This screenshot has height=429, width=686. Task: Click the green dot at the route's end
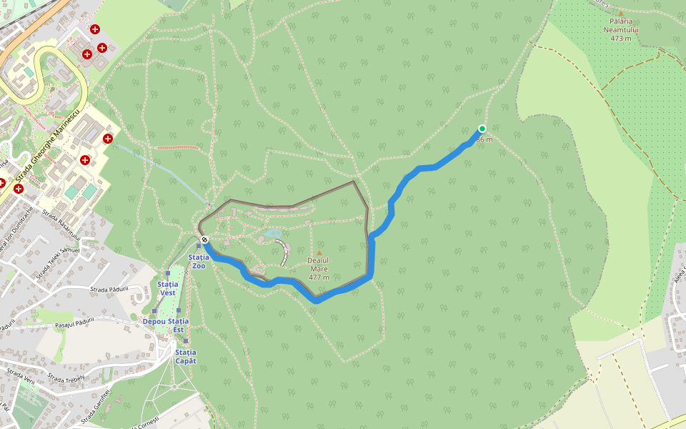(482, 129)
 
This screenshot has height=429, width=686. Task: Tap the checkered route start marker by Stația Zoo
(204, 240)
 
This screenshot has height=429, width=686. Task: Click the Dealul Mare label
(319, 264)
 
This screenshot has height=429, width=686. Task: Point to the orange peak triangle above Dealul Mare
(319, 252)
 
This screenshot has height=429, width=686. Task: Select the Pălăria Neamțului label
(620, 26)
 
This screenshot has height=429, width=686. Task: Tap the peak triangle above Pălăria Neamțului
(620, 13)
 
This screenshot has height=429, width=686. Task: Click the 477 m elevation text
(319, 277)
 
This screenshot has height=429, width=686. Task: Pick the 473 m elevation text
(620, 39)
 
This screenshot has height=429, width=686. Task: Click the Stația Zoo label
(198, 261)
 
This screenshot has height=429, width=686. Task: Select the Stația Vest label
(167, 288)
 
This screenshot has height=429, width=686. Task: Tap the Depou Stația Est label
(166, 325)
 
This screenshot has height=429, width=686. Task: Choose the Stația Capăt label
(185, 356)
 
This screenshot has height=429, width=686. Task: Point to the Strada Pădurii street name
(109, 289)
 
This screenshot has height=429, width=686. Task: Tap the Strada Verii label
(20, 378)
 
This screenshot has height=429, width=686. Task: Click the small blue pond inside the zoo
(271, 233)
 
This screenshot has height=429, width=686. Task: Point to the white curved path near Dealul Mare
(284, 252)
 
